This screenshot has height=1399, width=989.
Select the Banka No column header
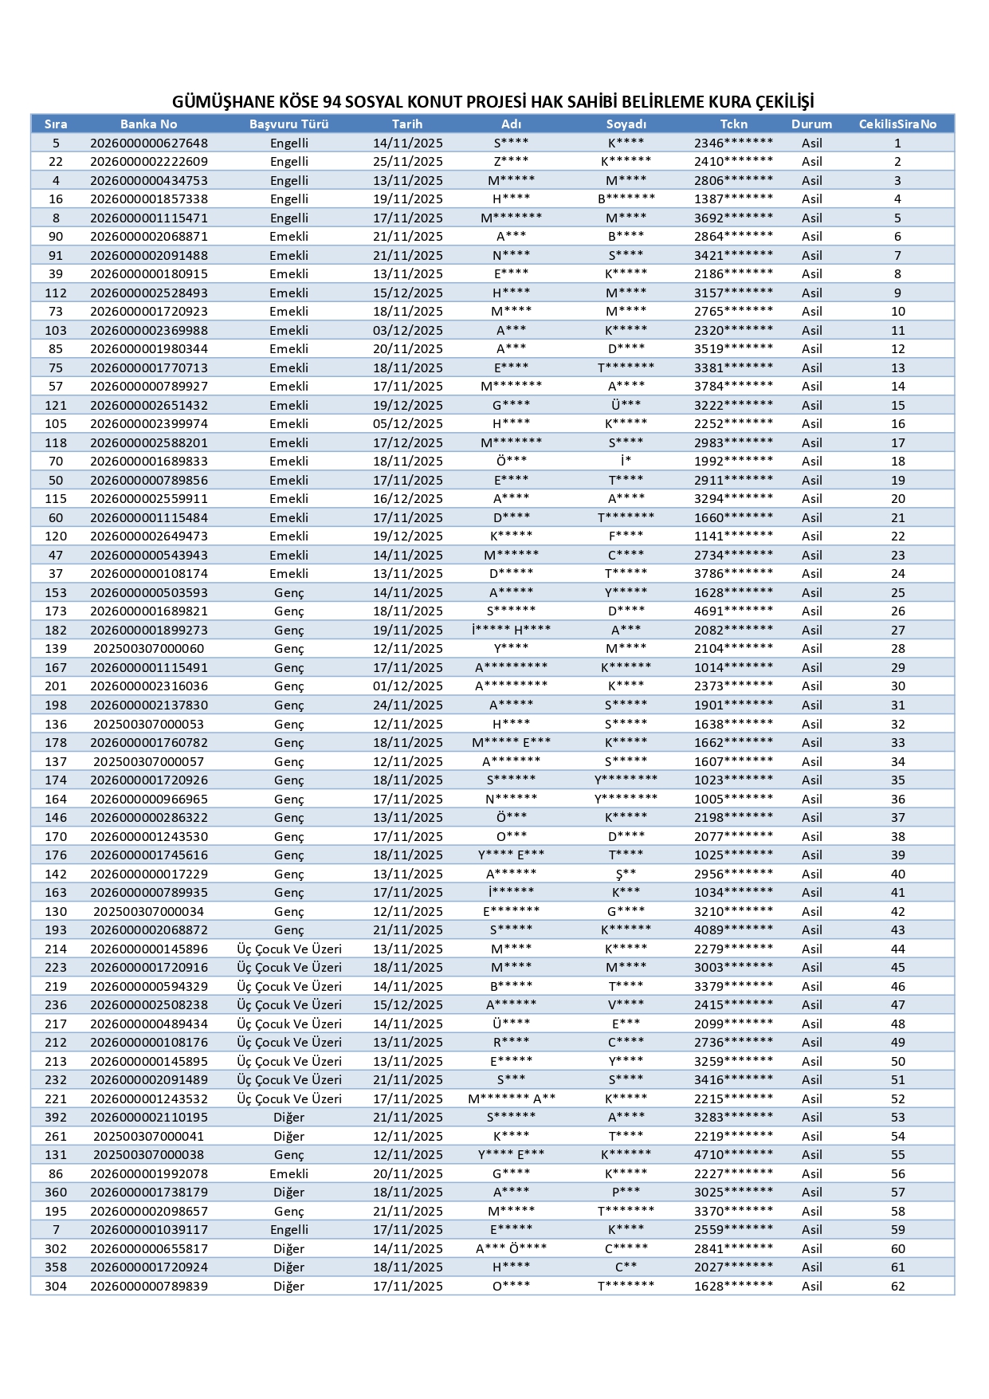148,124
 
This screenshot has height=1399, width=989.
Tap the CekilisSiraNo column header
897,124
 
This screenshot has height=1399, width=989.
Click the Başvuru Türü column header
288,124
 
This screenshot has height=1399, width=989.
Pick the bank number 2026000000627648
148,143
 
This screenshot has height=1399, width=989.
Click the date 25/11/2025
407,162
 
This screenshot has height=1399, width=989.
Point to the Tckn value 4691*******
733,611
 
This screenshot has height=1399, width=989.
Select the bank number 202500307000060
148,649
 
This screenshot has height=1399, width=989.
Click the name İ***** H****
511,630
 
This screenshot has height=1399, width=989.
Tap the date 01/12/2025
407,686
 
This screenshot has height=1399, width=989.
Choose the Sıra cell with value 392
56,1118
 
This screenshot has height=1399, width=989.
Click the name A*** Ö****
511,1248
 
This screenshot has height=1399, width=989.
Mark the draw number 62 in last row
897,1286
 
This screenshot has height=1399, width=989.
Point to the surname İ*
626,462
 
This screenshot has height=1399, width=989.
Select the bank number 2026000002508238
148,1005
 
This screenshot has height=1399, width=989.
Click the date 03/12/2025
407,331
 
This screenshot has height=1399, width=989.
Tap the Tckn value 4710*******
733,1155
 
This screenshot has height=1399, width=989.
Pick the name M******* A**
511,1098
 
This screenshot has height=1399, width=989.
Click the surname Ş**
626,874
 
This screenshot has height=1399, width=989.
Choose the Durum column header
811,124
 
